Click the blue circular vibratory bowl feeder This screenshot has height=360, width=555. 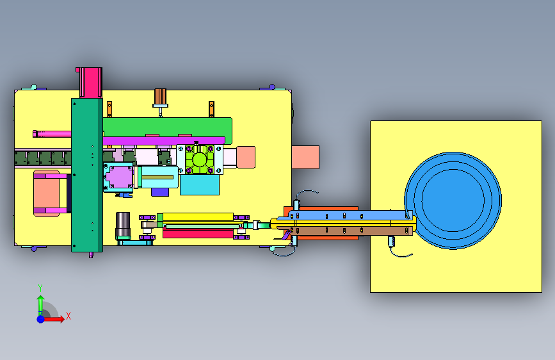[453, 200]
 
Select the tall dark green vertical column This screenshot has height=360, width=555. [87, 175]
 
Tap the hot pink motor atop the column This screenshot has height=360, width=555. [91, 83]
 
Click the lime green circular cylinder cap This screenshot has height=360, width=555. [200, 160]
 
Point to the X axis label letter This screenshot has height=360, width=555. [68, 316]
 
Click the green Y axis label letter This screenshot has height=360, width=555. [40, 288]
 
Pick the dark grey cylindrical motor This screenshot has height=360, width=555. [123, 225]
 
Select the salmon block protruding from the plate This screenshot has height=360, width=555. [305, 157]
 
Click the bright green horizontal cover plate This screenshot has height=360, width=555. [168, 127]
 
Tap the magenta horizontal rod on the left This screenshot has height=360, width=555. [52, 134]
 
